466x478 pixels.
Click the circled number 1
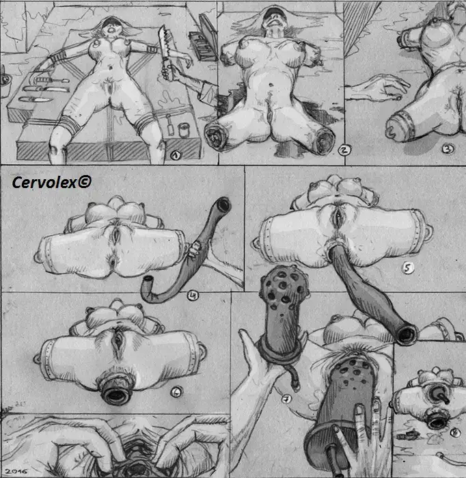click(x=176, y=155)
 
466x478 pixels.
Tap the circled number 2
click(x=344, y=150)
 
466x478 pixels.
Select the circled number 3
click(x=448, y=149)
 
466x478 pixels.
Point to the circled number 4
click(x=193, y=295)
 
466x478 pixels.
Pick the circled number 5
click(x=407, y=268)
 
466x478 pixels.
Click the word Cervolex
click(x=44, y=183)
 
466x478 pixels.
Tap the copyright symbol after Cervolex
click(x=84, y=182)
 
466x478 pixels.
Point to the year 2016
click(x=16, y=471)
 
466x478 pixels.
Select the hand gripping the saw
click(x=167, y=70)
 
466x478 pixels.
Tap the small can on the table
click(x=183, y=129)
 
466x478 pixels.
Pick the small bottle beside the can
click(x=170, y=125)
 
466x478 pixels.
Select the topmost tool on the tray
click(x=51, y=81)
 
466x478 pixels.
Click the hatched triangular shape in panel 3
click(x=359, y=25)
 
